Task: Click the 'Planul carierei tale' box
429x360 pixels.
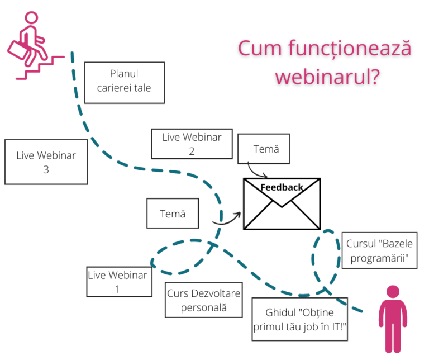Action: click(x=124, y=82)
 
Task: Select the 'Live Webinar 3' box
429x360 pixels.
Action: click(x=46, y=162)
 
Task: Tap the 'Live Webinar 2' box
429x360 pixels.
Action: click(x=192, y=144)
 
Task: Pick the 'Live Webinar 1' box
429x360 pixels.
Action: click(x=119, y=281)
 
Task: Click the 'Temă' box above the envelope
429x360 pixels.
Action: click(x=264, y=149)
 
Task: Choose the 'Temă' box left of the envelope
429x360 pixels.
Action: click(x=173, y=214)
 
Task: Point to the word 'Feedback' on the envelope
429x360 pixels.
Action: click(x=282, y=187)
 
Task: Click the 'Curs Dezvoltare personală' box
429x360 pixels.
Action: click(x=204, y=301)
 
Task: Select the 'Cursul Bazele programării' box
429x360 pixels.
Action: click(x=379, y=250)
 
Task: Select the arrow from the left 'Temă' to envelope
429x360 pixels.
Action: click(x=226, y=219)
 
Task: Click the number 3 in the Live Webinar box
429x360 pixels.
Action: click(x=46, y=169)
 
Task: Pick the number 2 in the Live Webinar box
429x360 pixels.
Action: click(x=192, y=151)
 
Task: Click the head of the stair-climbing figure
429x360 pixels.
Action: click(x=28, y=19)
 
